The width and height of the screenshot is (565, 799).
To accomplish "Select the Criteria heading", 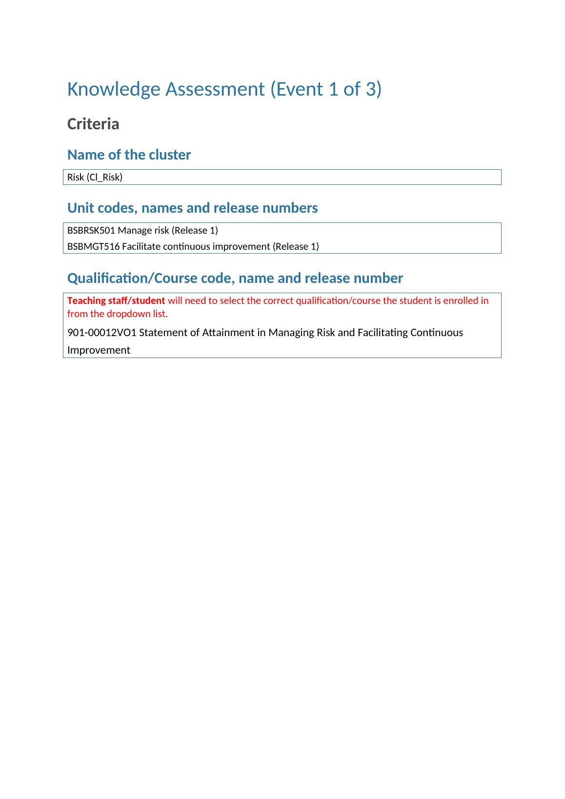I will click(x=93, y=124).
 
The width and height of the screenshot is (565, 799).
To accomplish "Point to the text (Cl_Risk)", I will click(x=104, y=177).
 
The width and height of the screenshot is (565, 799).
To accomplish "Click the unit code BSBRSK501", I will click(x=91, y=230).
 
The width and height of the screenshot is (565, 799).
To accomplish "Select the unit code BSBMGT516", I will click(x=93, y=246).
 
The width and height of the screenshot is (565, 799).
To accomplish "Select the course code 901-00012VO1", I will click(x=102, y=333).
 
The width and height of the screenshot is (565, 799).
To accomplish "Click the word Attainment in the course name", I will click(x=228, y=333).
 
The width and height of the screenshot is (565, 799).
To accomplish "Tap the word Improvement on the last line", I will click(x=99, y=350).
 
